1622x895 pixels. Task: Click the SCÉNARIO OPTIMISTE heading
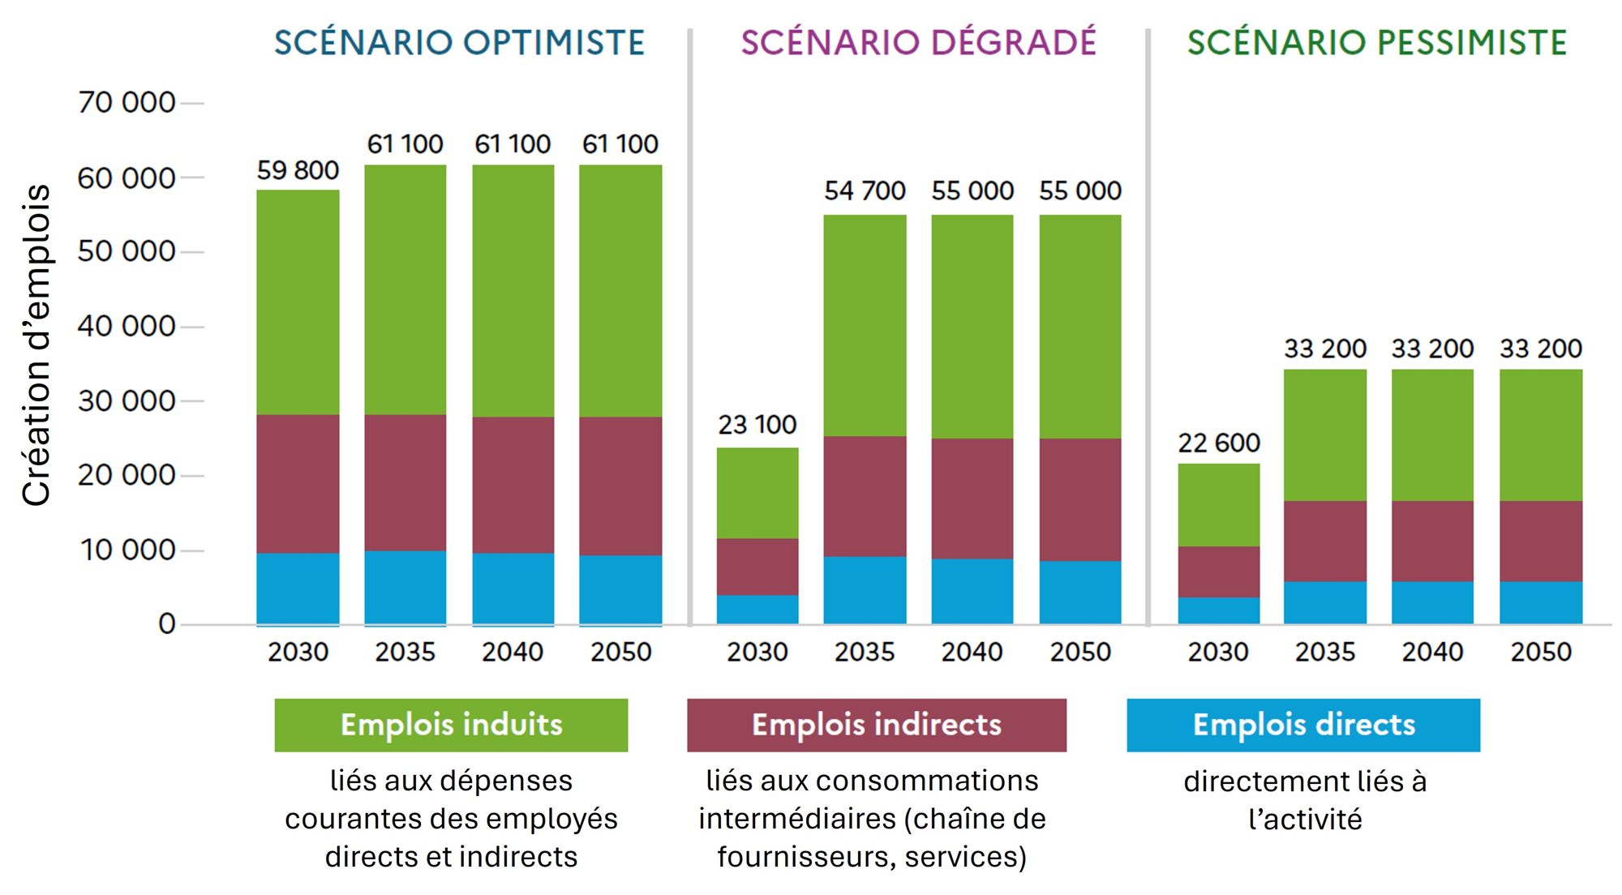459,43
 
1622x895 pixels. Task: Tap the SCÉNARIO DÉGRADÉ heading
918,43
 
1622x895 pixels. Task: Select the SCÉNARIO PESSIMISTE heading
1377,43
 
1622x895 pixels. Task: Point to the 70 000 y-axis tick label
127,103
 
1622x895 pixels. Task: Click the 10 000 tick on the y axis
127,550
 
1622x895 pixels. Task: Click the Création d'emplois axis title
36,345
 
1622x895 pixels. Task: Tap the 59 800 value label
298,170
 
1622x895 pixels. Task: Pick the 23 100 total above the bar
757,425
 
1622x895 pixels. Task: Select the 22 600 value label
1219,443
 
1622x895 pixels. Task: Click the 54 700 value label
865,191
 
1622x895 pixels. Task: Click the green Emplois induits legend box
451,725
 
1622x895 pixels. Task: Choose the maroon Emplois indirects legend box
876,725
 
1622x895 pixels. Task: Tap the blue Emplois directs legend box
1302,725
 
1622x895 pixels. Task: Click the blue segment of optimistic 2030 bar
298,589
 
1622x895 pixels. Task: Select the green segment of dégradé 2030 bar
757,493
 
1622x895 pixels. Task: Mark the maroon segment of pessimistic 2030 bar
1219,572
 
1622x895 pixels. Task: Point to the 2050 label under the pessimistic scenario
1541,652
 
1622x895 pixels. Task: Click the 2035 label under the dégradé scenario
865,652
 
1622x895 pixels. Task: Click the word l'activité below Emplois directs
1305,820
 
